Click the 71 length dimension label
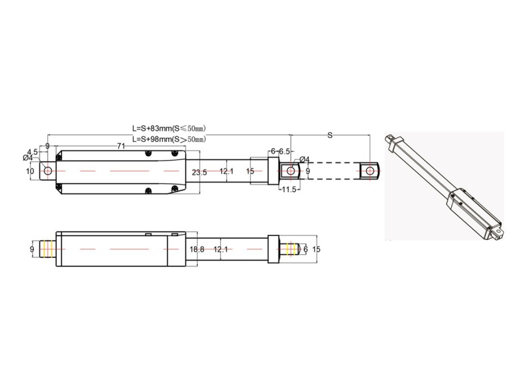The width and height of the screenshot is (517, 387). click(121, 146)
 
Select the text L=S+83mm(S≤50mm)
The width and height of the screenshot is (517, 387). click(169, 128)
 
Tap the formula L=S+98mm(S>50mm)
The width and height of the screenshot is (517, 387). click(169, 139)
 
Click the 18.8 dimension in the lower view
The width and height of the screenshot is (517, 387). click(196, 248)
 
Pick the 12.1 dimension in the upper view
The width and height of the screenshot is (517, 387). click(226, 172)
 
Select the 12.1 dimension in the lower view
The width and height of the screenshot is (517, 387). click(221, 248)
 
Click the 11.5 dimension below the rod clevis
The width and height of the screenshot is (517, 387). click(289, 190)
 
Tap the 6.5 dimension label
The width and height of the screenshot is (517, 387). click(286, 151)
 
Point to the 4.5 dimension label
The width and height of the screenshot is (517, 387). click(32, 152)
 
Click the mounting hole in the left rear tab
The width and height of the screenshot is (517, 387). click(47, 171)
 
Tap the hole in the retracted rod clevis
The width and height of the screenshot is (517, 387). click(291, 171)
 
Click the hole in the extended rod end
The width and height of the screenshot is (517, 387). click(369, 171)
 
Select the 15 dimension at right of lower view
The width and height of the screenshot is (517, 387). click(316, 248)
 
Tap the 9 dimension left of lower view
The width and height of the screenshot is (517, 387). click(31, 248)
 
